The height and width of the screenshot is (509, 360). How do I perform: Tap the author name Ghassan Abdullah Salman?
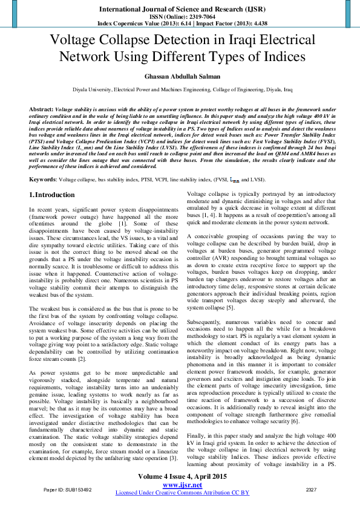tap(180, 77)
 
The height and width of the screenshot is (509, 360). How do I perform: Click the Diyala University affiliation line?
tap(180, 89)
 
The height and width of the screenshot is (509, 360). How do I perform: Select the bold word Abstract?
tap(41, 108)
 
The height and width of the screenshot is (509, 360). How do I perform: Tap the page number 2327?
tap(312, 490)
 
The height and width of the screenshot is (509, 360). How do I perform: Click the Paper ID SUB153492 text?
tap(67, 490)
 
